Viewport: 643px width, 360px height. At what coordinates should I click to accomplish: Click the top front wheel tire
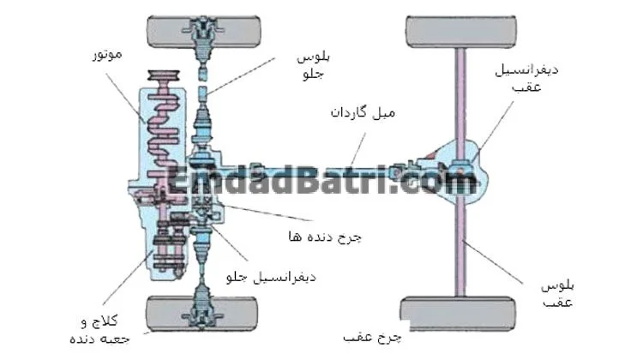click(x=202, y=33)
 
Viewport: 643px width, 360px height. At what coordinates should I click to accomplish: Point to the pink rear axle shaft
click(x=461, y=249)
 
